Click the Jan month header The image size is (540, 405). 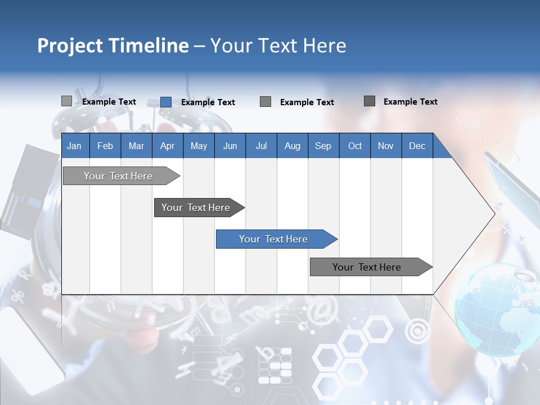[74, 146]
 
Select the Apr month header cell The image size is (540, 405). [167, 146]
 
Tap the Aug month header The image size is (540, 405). [292, 146]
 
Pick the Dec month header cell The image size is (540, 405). [417, 146]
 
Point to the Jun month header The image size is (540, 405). [229, 146]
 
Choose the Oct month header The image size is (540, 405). [354, 146]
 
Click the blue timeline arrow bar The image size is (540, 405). [276, 239]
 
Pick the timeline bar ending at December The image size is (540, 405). [369, 267]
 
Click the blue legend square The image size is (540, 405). [166, 102]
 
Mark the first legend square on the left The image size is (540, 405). [66, 101]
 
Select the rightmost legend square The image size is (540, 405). [370, 101]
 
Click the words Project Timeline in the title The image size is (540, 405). [112, 46]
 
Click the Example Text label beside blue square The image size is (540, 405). [208, 102]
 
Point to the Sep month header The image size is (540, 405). [323, 146]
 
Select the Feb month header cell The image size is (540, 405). [105, 146]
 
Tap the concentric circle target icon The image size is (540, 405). [417, 332]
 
